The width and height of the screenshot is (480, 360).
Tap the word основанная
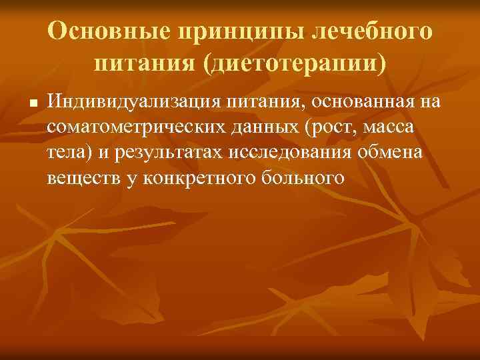click(365, 101)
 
